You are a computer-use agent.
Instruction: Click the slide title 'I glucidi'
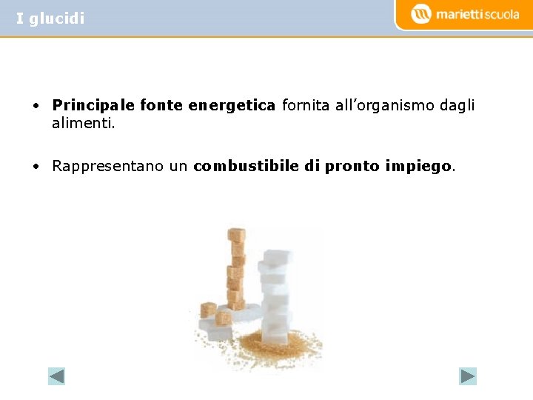pos(50,19)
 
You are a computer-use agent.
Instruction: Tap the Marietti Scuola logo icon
pos(421,14)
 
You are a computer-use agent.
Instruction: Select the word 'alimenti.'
pos(84,124)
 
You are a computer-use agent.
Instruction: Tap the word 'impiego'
pos(418,166)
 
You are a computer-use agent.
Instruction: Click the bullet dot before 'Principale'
pos(36,106)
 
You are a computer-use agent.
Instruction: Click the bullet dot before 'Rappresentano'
pos(36,166)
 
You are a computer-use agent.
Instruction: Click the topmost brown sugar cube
pos(236,236)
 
